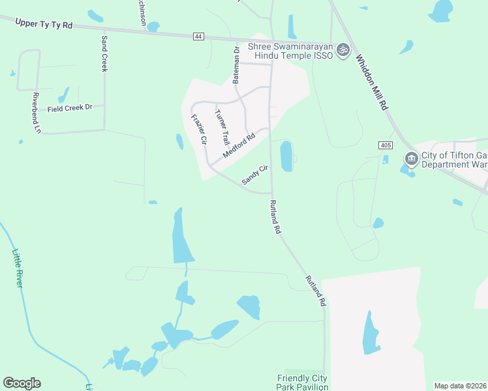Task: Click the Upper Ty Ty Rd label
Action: [43, 23]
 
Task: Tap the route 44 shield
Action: [198, 36]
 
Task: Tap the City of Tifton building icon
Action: [411, 158]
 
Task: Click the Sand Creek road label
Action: [104, 53]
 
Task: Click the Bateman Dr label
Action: [237, 65]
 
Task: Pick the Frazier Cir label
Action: [198, 128]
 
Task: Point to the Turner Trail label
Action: [222, 127]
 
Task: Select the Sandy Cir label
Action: [255, 175]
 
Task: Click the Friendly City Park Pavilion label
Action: [302, 383]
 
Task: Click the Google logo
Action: [22, 383]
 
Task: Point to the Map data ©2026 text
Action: [461, 386]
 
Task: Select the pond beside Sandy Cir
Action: [286, 156]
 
